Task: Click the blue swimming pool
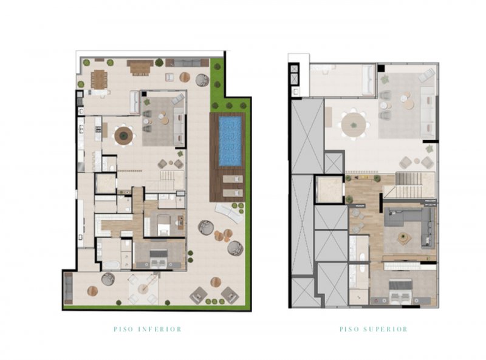[230, 141]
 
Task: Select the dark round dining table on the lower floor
[124, 135]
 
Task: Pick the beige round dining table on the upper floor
[354, 124]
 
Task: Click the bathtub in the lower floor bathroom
[111, 265]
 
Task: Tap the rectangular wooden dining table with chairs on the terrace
[99, 80]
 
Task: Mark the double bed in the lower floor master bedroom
[159, 259]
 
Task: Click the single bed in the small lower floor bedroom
[163, 225]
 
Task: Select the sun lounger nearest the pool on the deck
[233, 179]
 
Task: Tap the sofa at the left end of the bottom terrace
[68, 288]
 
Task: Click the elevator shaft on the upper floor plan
[329, 188]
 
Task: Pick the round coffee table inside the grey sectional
[403, 238]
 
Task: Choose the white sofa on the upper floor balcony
[369, 80]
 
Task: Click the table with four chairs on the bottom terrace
[143, 289]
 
